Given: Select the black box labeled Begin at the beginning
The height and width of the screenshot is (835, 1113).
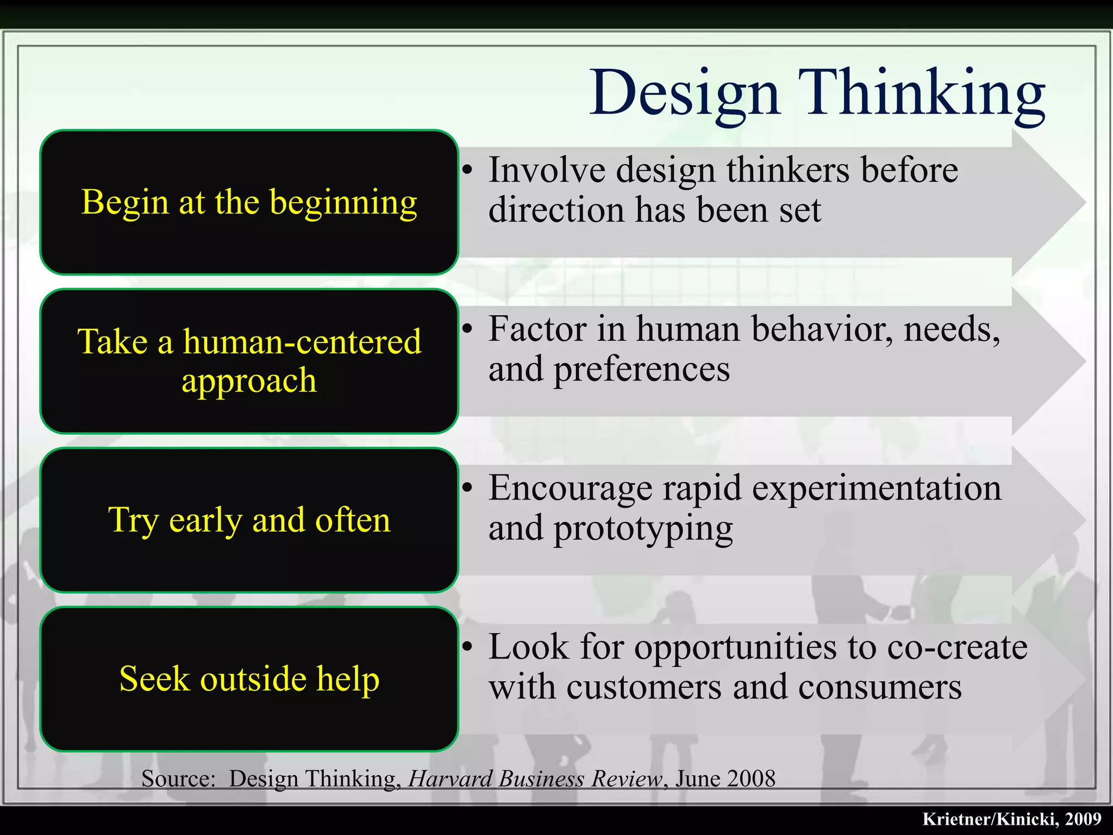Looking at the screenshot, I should coord(249,202).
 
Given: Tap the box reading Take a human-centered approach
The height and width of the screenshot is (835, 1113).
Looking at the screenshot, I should coord(249,361).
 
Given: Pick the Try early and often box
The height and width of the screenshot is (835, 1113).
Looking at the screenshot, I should coord(249,520).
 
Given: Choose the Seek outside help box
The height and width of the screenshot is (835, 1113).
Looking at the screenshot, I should coord(249,679).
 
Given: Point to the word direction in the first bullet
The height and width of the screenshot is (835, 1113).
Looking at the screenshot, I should coord(555,210).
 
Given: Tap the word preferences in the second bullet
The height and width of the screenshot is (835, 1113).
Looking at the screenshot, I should coord(641,370).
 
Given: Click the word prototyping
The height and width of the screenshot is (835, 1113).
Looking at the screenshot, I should coord(642,529).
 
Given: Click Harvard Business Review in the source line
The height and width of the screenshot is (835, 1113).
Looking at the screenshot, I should coord(535,778).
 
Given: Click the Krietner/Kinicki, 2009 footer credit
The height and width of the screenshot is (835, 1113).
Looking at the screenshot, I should coord(1011,819).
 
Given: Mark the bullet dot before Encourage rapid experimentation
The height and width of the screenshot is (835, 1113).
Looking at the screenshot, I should coord(467,487).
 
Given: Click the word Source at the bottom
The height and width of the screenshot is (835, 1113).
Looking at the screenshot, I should coord(178,778).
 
